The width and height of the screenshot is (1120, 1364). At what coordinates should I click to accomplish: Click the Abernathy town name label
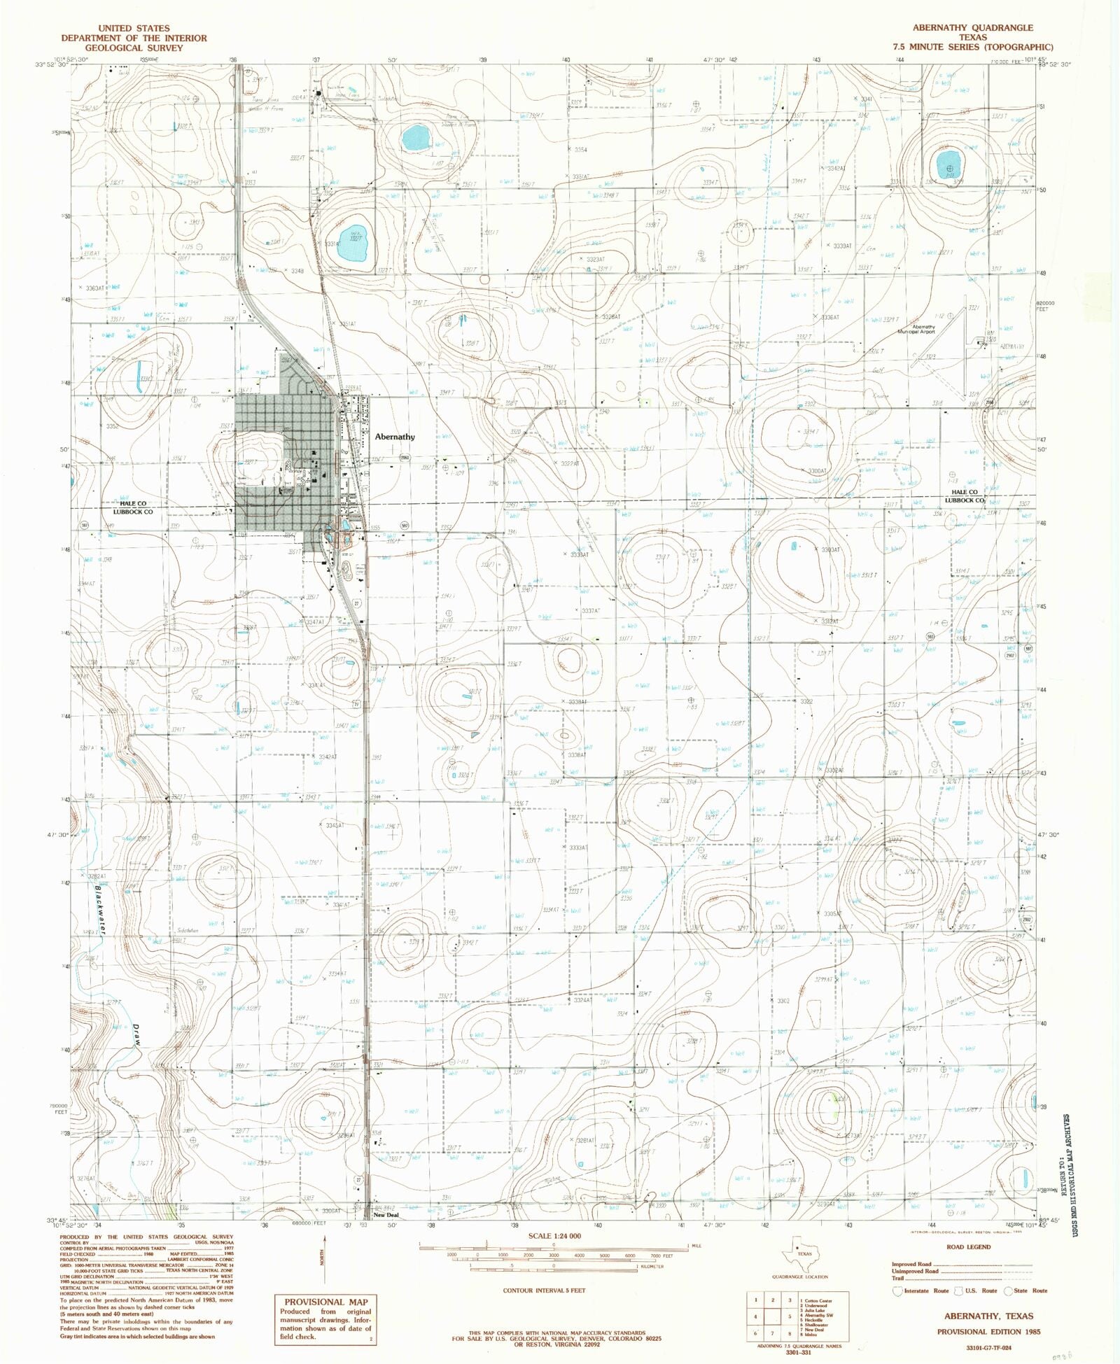[395, 437]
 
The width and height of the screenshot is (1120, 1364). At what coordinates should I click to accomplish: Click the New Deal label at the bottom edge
[386, 1215]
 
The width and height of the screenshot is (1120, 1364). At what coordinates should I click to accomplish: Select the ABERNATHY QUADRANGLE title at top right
[972, 27]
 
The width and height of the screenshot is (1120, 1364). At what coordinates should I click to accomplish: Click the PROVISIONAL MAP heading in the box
[325, 1302]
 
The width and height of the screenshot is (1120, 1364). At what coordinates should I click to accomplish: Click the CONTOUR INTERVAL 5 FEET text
[544, 1290]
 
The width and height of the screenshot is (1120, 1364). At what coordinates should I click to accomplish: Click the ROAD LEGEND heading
[968, 1246]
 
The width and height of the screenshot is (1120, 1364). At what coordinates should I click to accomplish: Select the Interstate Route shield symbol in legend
[897, 1291]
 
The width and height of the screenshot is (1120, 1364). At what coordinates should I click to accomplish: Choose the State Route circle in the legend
[1008, 1291]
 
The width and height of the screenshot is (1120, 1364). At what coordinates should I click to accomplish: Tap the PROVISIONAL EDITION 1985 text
[985, 1332]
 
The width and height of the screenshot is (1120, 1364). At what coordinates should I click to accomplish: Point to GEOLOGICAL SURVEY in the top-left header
[134, 48]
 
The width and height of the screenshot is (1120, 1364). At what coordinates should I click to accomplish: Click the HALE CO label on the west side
[133, 503]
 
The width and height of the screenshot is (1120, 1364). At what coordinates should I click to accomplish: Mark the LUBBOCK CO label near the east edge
[964, 500]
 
